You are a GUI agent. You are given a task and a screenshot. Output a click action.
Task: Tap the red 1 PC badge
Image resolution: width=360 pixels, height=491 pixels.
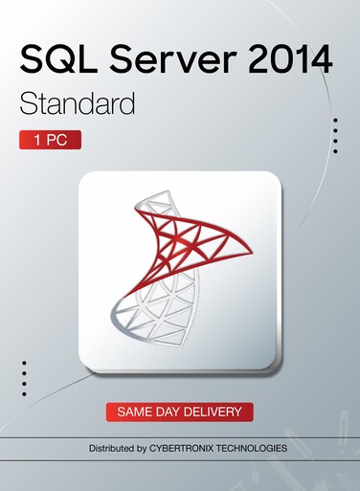click(x=50, y=140)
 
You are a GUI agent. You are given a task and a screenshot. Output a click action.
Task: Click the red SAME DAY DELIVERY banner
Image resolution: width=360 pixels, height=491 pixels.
click(x=180, y=412)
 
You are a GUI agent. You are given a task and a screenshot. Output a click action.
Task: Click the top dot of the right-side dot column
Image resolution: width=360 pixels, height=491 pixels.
click(x=335, y=120)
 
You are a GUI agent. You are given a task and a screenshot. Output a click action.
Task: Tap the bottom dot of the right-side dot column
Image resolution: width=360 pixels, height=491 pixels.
click(x=335, y=151)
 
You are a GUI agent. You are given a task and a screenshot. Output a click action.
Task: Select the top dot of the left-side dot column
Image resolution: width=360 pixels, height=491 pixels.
click(x=24, y=363)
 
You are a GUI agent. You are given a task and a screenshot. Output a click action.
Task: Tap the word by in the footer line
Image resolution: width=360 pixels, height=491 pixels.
click(x=146, y=447)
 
